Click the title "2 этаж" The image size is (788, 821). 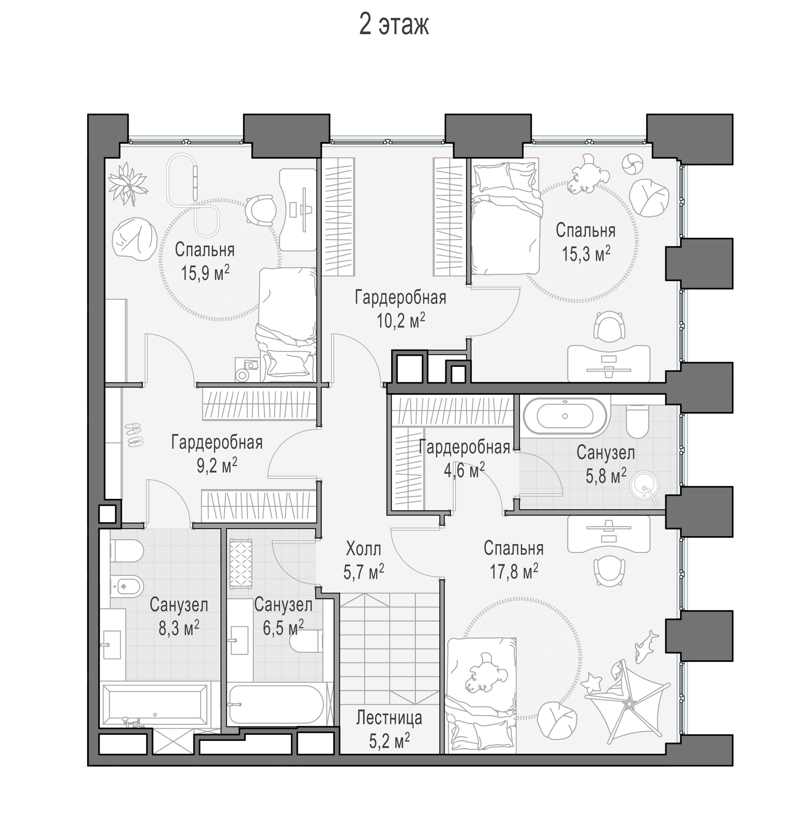pyautogui.click(x=394, y=25)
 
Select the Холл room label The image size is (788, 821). pyautogui.click(x=363, y=548)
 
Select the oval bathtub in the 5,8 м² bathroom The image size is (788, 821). pyautogui.click(x=565, y=416)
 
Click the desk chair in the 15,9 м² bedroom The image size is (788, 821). pyautogui.click(x=260, y=210)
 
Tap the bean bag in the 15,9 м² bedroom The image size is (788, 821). pyautogui.click(x=134, y=239)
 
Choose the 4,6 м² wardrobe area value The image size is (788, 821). pyautogui.click(x=464, y=470)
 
